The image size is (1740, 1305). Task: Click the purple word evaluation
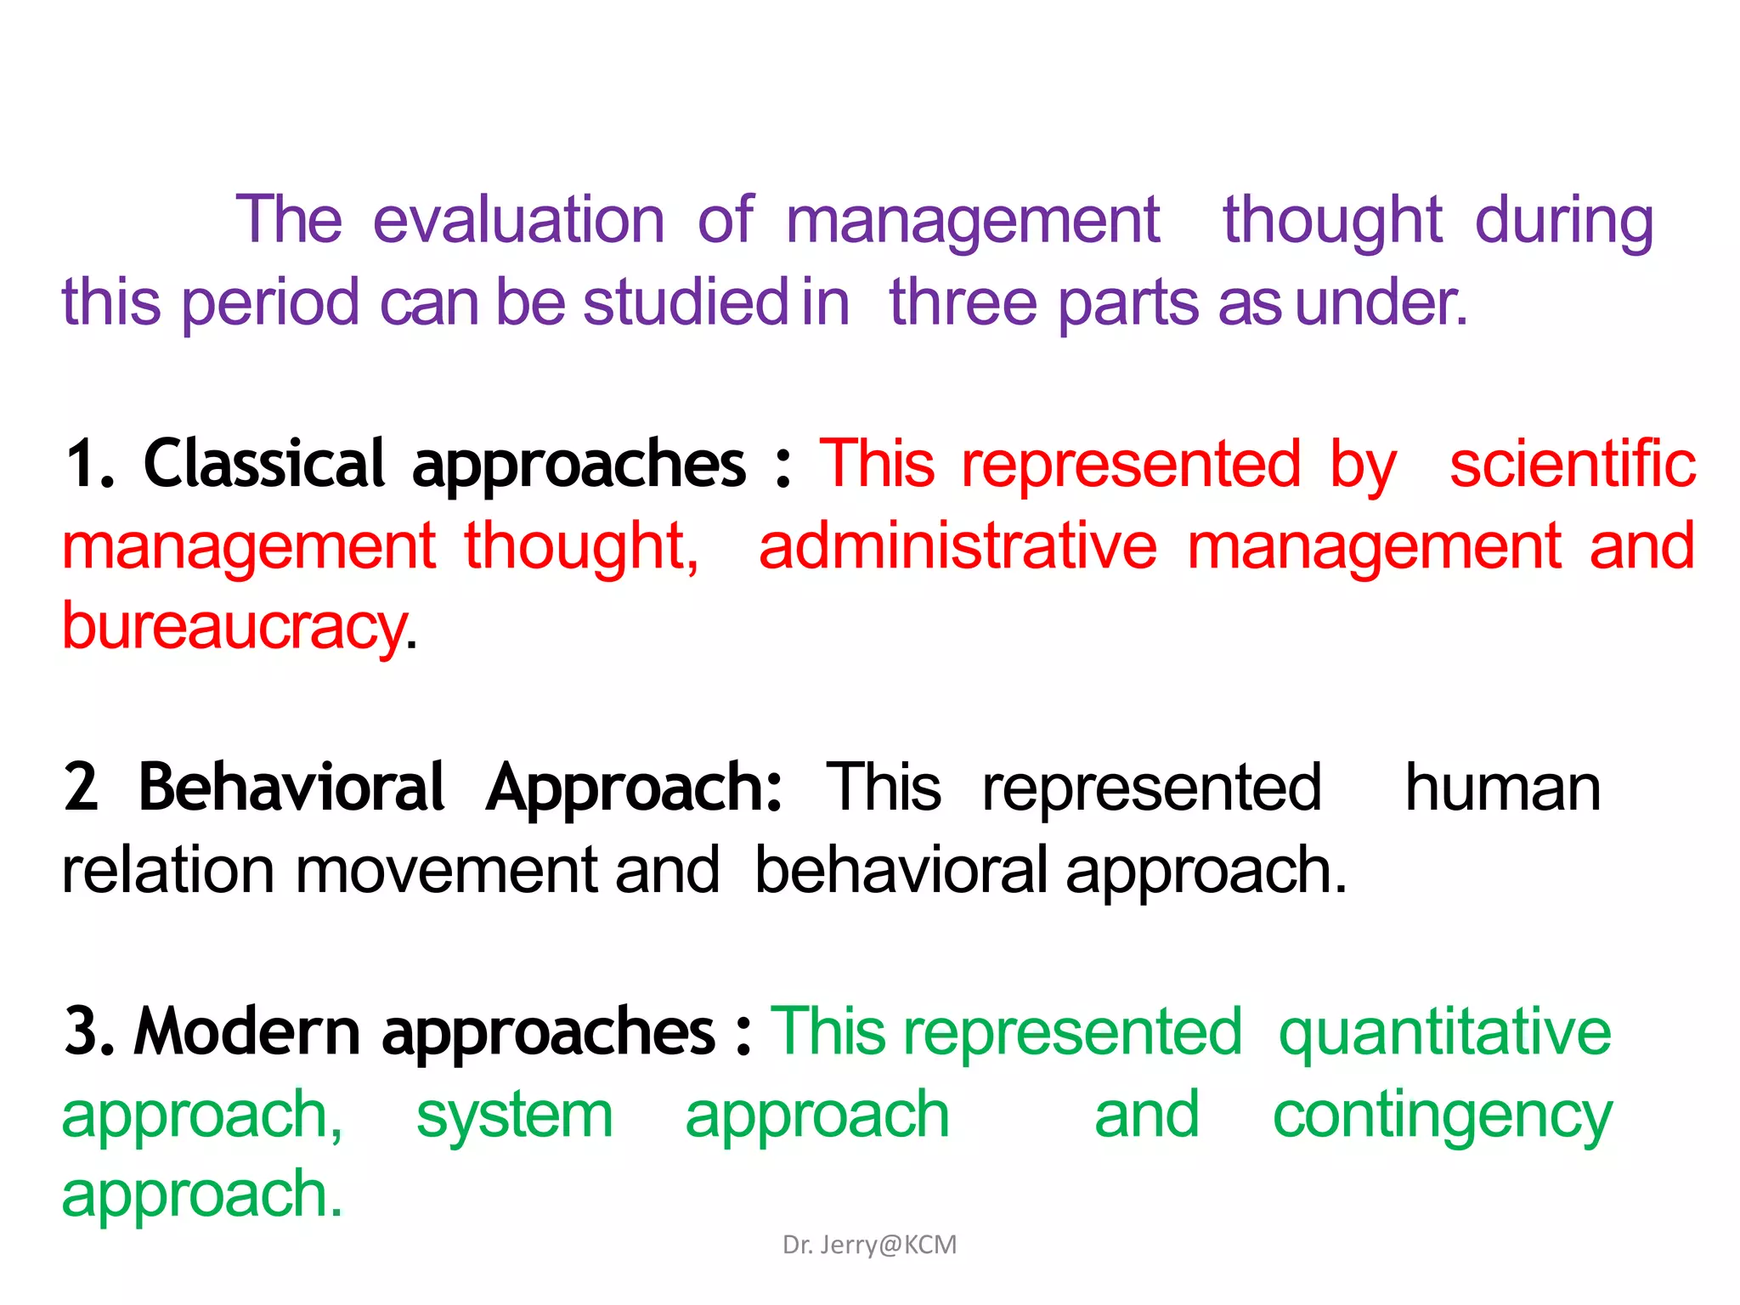(518, 221)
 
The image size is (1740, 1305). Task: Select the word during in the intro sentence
(1564, 221)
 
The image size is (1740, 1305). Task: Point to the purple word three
(963, 302)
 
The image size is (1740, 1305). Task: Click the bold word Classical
(264, 464)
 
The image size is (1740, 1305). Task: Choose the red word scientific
(1573, 464)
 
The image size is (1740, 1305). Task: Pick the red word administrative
(958, 545)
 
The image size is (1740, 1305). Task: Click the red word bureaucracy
(234, 627)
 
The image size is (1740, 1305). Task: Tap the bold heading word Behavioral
(291, 788)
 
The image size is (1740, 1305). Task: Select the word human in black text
(1502, 788)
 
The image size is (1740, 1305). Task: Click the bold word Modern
(247, 1031)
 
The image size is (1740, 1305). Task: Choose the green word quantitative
(1444, 1031)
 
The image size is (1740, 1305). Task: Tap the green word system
(514, 1115)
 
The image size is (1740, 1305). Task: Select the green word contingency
(1442, 1116)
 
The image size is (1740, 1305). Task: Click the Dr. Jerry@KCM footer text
(869, 1245)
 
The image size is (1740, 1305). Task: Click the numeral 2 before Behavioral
(81, 788)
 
